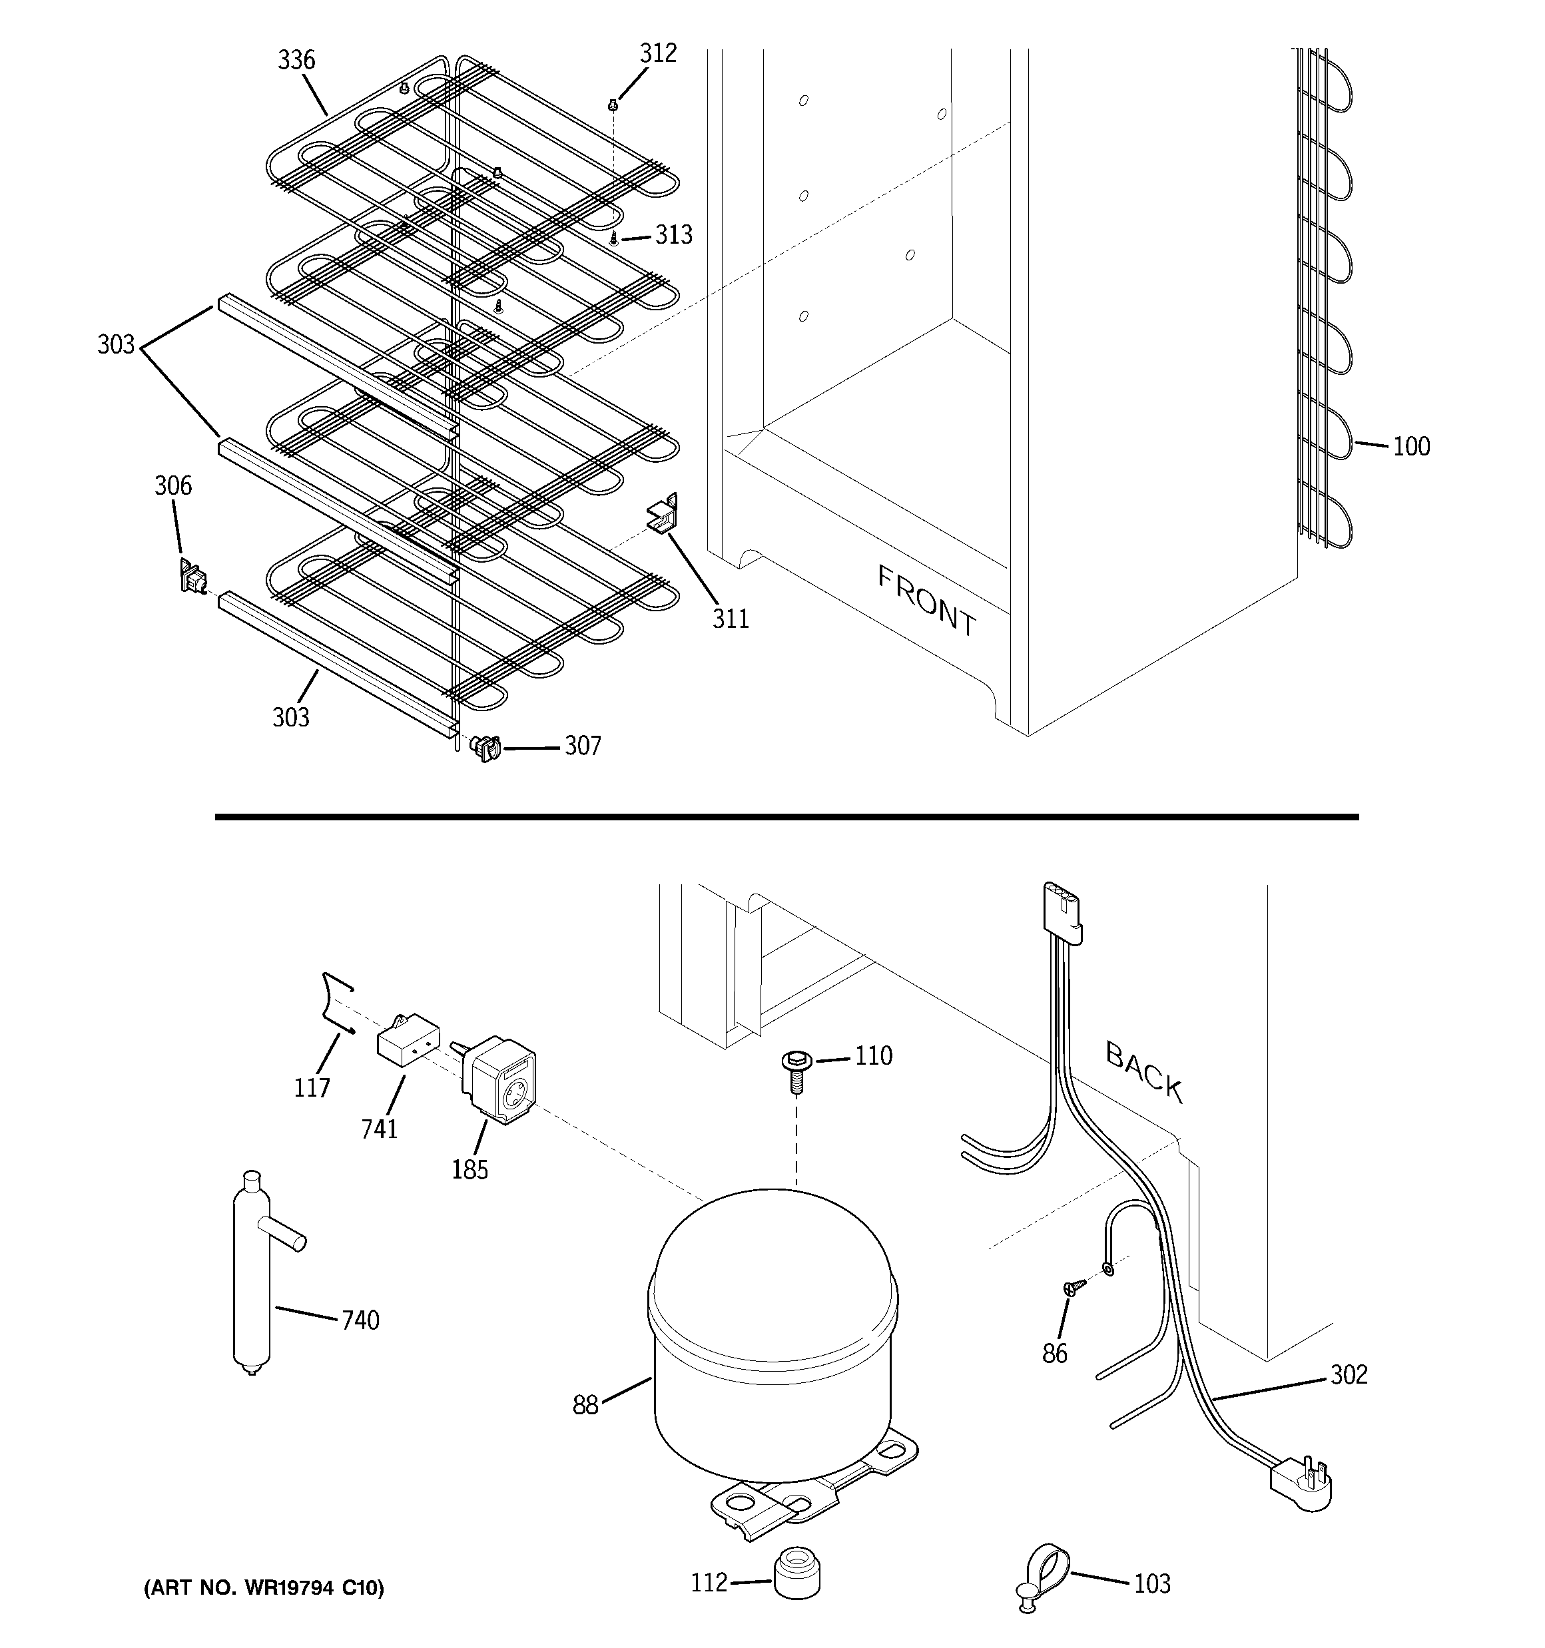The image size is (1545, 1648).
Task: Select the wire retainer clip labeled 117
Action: point(336,1003)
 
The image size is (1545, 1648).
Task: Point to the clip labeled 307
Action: point(487,748)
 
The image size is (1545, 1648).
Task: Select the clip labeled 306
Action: point(192,575)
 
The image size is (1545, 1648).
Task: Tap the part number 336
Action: point(296,61)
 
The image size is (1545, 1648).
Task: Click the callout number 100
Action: point(1410,447)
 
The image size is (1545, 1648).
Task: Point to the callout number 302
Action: point(1349,1374)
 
